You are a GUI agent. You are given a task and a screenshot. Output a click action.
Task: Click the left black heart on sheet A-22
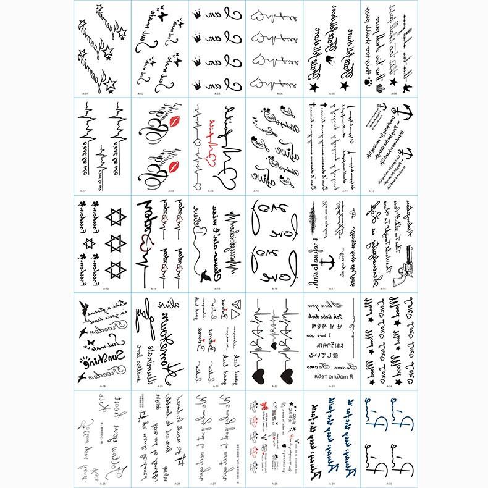click(x=258, y=374)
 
